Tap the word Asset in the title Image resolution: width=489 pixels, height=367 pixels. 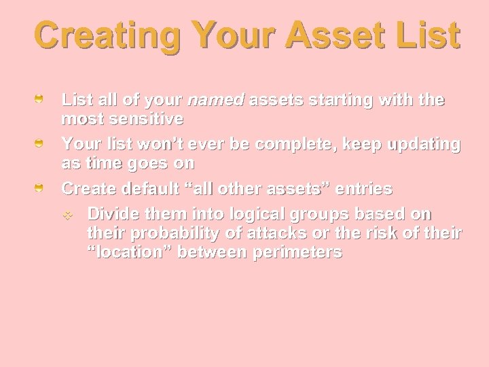(x=319, y=35)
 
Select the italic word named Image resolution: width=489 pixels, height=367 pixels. (x=215, y=101)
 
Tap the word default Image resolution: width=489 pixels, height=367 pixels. (x=147, y=188)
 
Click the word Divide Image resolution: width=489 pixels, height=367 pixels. (x=111, y=213)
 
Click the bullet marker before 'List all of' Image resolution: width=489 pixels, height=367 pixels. (x=41, y=101)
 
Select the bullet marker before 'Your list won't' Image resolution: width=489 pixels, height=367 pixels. (x=41, y=144)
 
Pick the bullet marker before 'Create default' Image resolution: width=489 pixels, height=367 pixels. (x=41, y=188)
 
